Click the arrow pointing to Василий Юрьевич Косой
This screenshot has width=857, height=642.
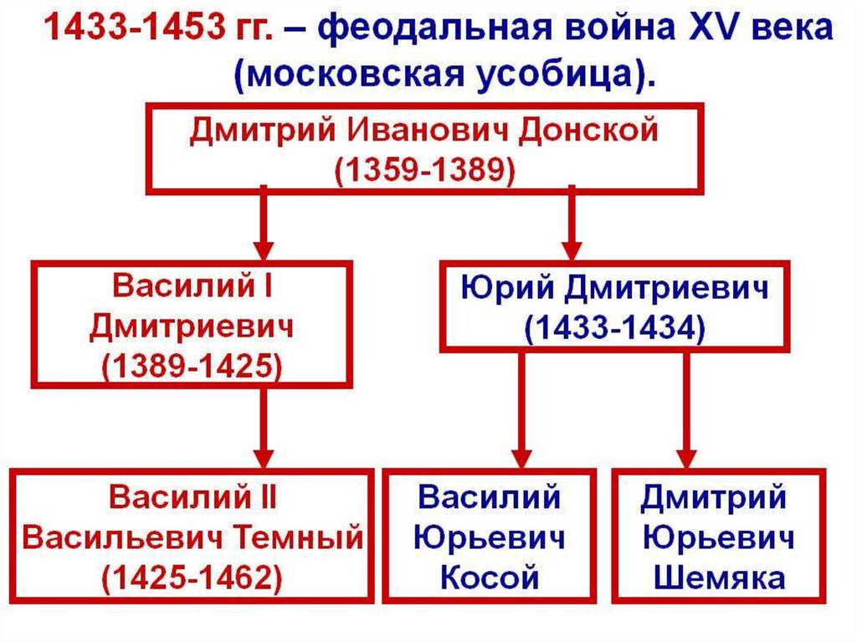click(x=521, y=410)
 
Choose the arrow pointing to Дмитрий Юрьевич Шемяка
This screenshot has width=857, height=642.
click(x=686, y=410)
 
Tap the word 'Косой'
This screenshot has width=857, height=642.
click(x=490, y=577)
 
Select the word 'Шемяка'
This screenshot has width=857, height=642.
click(x=719, y=577)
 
